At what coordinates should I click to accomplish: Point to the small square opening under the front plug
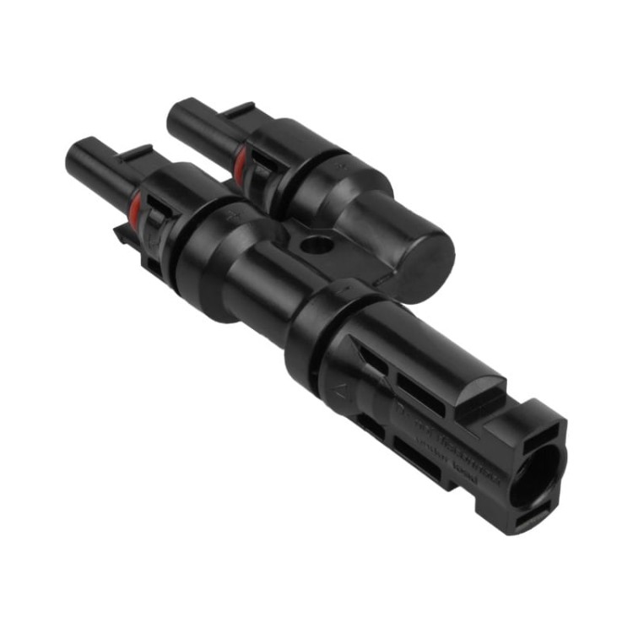pos(153,268)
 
